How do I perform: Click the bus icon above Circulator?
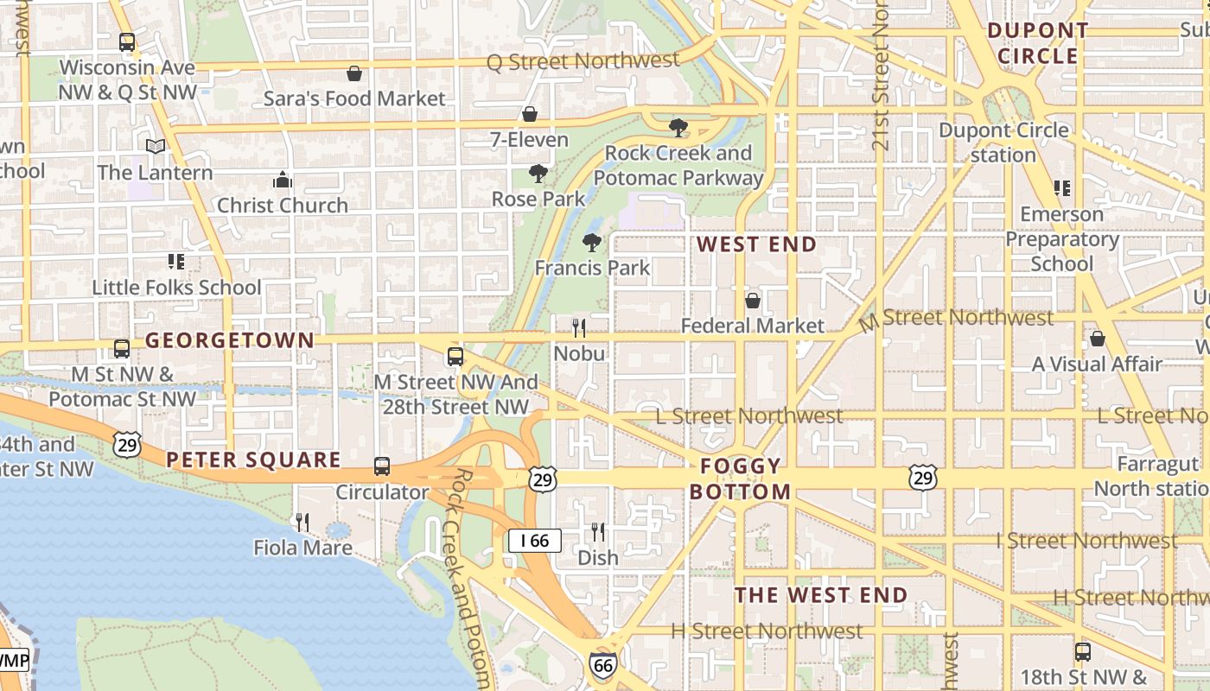point(382,466)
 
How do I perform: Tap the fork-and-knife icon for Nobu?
point(579,328)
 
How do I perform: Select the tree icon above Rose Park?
point(538,174)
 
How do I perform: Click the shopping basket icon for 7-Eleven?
point(530,114)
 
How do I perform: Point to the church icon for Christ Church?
point(283,180)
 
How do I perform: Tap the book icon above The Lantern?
point(156,147)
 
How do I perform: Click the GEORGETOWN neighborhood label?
point(229,340)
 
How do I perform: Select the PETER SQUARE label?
point(253,460)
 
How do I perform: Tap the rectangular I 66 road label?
point(535,542)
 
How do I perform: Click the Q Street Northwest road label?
point(583,61)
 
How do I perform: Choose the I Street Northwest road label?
point(1086,542)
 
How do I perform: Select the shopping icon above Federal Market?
point(753,301)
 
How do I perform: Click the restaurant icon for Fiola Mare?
point(302,522)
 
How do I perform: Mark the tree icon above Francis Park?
point(592,242)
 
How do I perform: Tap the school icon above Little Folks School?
point(176,261)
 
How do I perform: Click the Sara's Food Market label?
point(354,98)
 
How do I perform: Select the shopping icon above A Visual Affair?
point(1098,339)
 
